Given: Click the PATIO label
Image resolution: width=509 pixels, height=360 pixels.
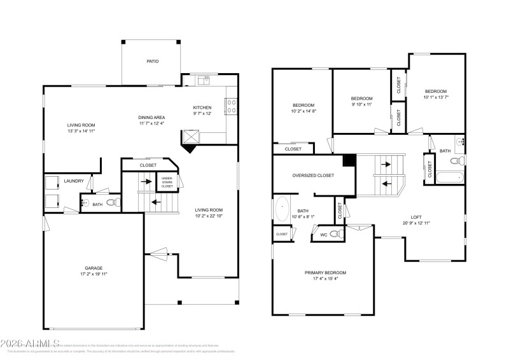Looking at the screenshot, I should (x=152, y=62).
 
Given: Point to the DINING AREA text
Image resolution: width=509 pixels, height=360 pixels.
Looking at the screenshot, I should (x=151, y=118).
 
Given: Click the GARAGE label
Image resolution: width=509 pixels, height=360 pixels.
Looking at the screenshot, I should (x=94, y=268).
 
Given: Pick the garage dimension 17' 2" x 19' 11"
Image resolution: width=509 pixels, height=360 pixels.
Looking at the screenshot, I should (x=94, y=275).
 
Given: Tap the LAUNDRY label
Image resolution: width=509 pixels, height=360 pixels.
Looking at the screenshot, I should (x=74, y=181).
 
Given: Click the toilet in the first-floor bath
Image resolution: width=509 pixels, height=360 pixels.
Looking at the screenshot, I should (x=113, y=203).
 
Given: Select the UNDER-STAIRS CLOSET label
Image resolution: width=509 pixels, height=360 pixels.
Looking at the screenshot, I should (x=167, y=182).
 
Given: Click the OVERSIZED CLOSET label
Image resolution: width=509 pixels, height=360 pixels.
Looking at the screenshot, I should (x=312, y=175).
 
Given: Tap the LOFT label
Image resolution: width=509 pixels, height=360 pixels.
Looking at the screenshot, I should (x=415, y=216).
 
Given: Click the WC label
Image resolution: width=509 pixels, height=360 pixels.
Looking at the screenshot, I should (x=324, y=235).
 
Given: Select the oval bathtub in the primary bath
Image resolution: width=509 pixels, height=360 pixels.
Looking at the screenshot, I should (x=282, y=207).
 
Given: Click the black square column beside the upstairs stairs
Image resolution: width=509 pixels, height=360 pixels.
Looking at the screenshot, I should (x=348, y=160).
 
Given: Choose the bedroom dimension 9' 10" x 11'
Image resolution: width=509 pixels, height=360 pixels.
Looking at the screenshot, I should (x=361, y=104).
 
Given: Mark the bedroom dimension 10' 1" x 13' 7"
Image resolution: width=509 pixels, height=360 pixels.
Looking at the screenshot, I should (x=436, y=97).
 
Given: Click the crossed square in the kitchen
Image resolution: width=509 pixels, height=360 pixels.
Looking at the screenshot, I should (x=191, y=136).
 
